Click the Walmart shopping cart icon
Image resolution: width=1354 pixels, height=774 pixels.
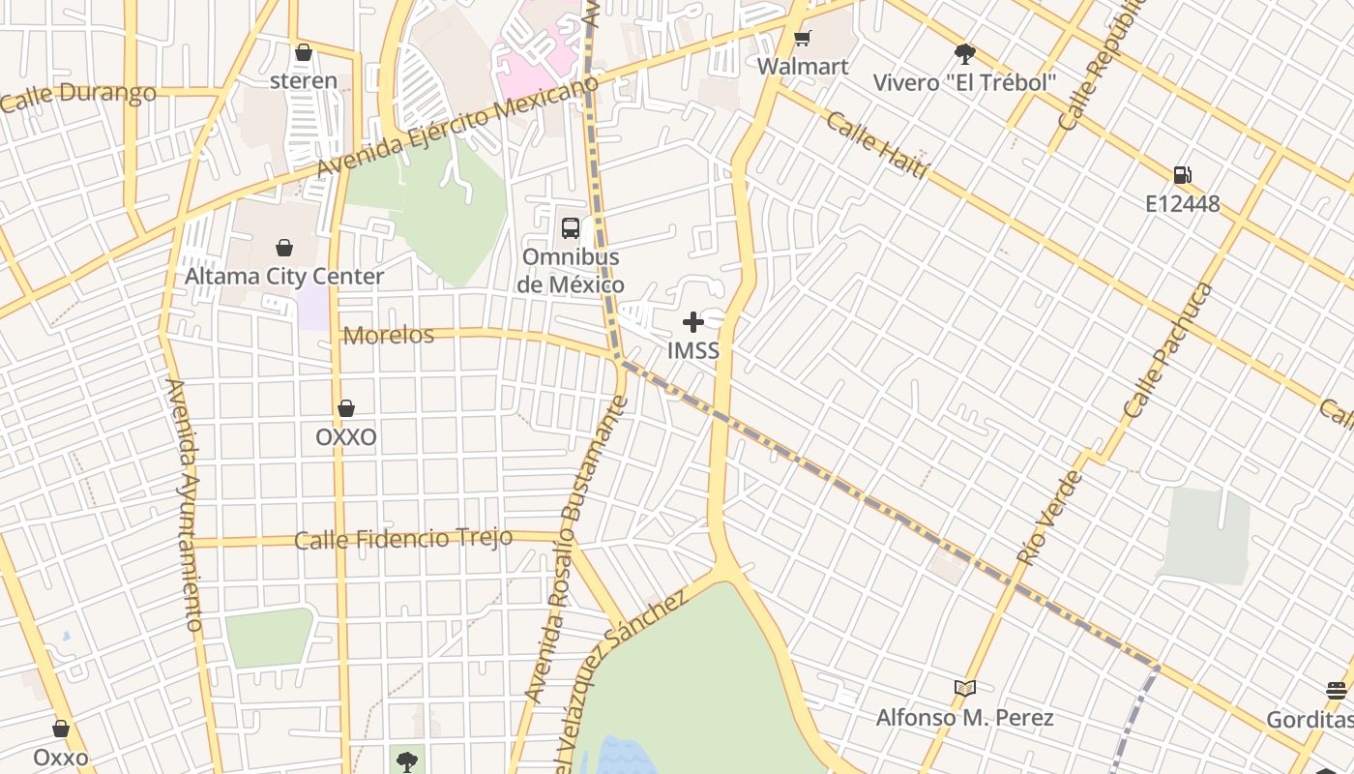[802, 39]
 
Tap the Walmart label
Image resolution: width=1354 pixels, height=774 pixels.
[803, 67]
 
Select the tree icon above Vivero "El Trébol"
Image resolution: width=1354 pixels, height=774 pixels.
[964, 54]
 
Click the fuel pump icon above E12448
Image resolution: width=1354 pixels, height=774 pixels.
[1182, 175]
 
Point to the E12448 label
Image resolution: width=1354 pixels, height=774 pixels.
[1182, 204]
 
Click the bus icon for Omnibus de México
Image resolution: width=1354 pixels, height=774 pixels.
[571, 228]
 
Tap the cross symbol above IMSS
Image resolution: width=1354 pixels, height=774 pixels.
[693, 322]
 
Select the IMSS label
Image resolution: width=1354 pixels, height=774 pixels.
[693, 350]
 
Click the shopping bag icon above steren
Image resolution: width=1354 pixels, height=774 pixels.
[304, 52]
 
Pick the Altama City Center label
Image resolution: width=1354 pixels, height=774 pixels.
[284, 277]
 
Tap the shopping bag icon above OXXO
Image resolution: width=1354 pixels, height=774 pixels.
[346, 409]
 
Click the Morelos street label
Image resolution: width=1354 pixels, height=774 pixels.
[389, 335]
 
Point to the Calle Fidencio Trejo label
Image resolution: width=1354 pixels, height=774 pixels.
[403, 539]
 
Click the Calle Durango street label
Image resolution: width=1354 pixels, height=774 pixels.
[78, 96]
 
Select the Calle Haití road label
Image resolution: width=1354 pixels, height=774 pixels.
[877, 145]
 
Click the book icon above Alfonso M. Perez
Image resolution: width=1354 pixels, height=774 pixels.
[964, 689]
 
